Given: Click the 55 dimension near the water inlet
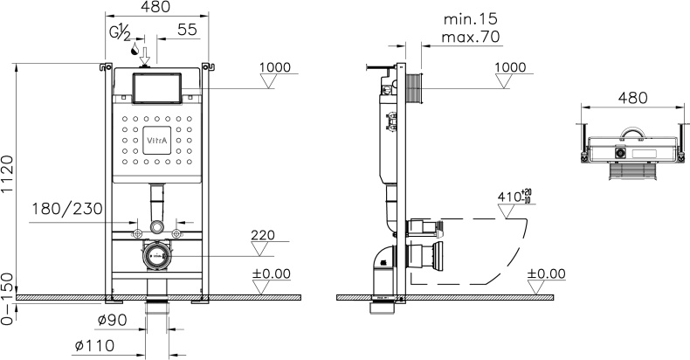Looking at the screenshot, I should coord(186,29).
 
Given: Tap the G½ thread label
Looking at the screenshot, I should coord(121,34).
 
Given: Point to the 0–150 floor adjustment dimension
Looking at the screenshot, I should coord(9,301).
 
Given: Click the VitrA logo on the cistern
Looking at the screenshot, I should coord(155,140).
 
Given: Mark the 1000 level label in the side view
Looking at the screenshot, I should coord(510,67).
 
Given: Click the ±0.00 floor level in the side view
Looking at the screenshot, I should coord(546,274).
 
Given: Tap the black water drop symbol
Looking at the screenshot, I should coord(135,52).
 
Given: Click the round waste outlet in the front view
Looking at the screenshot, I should coord(156,256).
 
